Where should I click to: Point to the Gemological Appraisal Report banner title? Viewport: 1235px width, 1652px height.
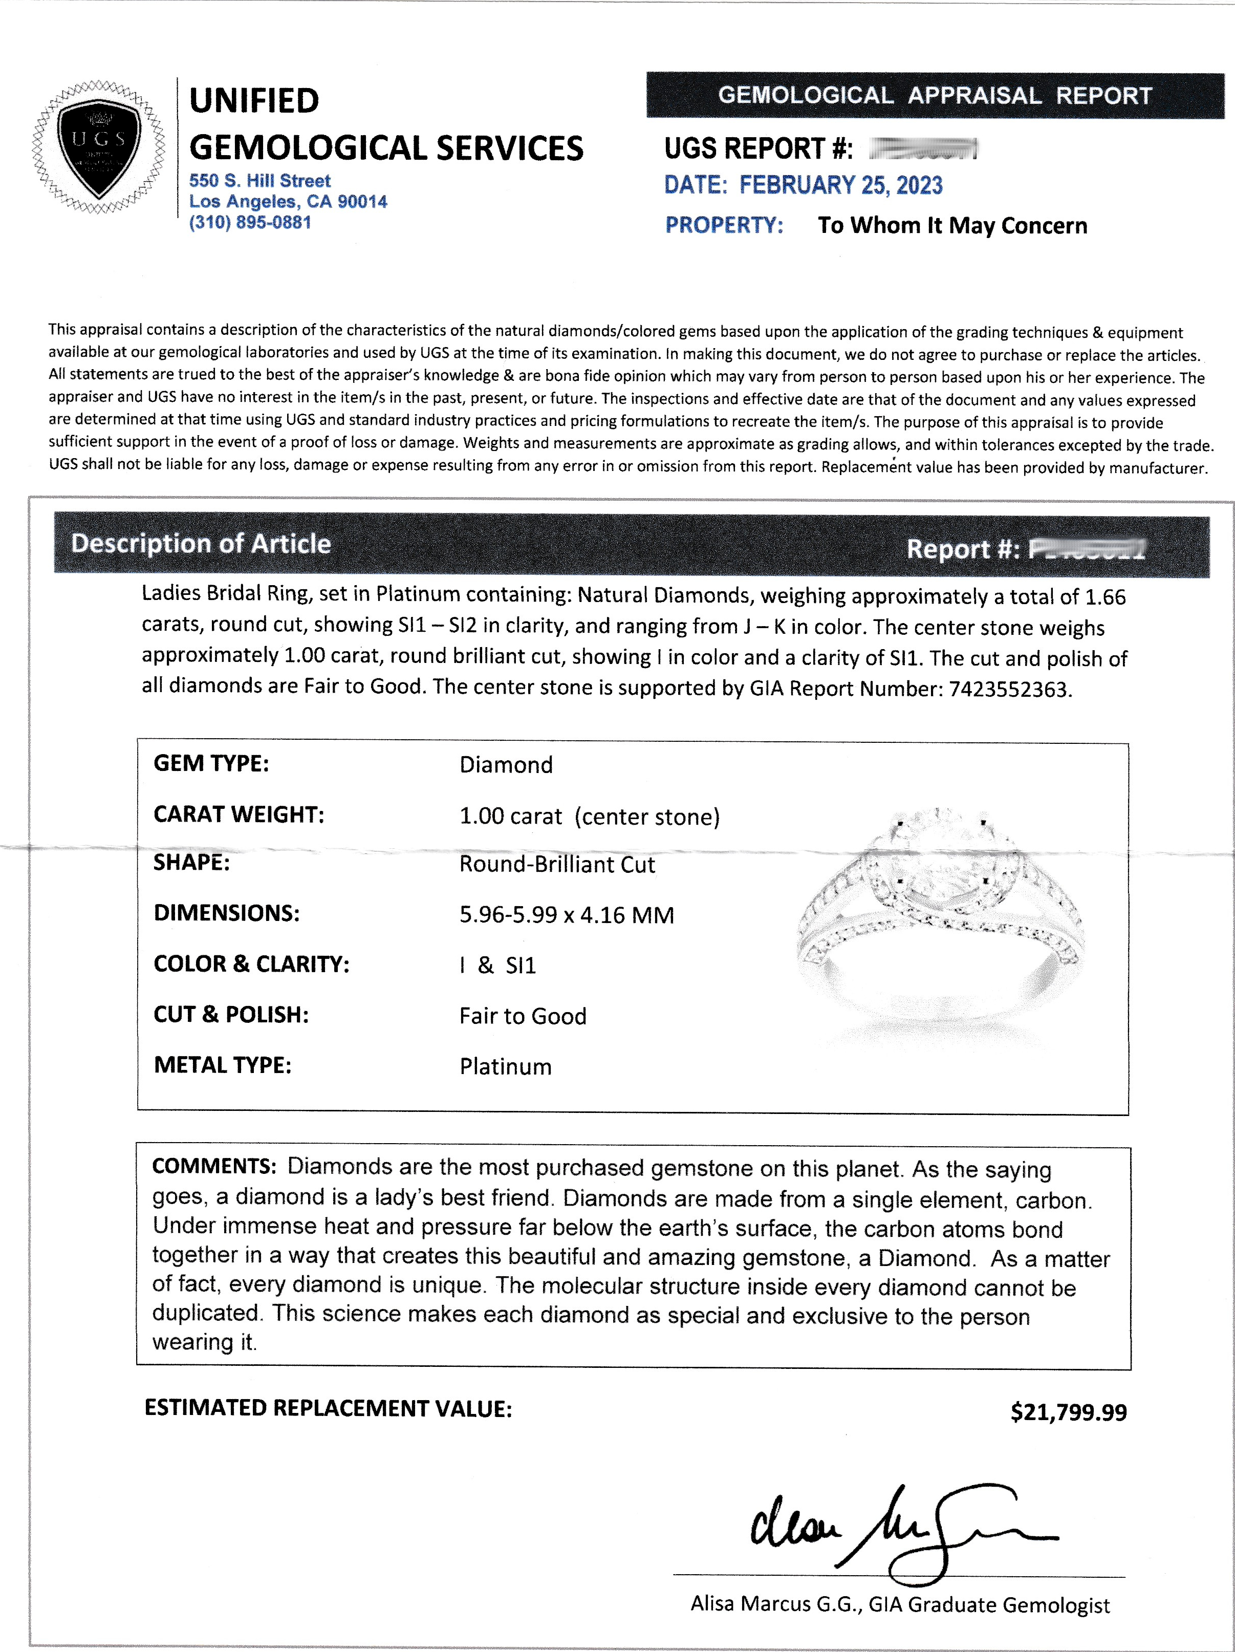(x=935, y=96)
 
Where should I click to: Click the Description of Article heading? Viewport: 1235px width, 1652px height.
(x=201, y=544)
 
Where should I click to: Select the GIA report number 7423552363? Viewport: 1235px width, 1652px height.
(x=1009, y=690)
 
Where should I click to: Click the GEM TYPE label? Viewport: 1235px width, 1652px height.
(x=211, y=763)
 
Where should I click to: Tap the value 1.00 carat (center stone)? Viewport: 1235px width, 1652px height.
(x=589, y=817)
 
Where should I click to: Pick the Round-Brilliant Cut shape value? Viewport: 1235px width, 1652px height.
(x=557, y=865)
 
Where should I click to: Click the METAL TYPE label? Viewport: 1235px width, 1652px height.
(x=223, y=1065)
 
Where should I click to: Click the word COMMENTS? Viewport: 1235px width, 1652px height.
(x=214, y=1167)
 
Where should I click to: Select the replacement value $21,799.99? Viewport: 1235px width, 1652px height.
(x=1068, y=1412)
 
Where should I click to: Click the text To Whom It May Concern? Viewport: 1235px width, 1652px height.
(x=952, y=226)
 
